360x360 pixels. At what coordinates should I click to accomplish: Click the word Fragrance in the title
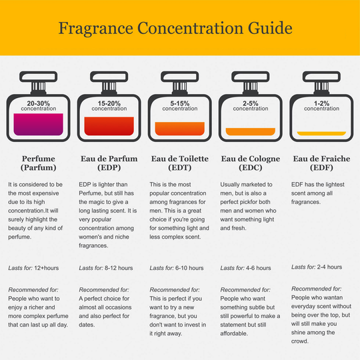coord(96,29)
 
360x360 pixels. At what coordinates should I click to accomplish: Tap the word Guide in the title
coord(270,28)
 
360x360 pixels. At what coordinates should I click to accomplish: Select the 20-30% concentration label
coord(39,106)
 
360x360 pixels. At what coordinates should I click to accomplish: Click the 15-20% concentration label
coord(109,106)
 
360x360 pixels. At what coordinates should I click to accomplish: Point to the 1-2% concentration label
coord(321,106)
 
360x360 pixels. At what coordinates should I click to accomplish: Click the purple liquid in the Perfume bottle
coord(39,124)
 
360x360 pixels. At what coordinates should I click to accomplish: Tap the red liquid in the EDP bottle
coord(109,126)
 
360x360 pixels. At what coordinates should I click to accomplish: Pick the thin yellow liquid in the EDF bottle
coord(321,133)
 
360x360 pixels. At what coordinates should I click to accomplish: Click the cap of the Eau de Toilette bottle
coord(180,77)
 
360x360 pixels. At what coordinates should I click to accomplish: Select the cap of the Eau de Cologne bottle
coord(251,77)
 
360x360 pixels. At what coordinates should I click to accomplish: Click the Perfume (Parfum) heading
coord(39,163)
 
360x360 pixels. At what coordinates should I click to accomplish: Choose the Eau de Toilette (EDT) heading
coord(180,163)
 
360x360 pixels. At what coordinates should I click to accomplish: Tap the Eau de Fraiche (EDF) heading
coord(321,163)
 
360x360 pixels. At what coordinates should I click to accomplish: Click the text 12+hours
coord(47,268)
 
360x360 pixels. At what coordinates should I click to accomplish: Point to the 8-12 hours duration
coord(119,268)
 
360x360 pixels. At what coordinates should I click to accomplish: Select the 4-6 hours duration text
coord(259,268)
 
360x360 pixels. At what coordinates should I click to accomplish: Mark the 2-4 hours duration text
coord(329,267)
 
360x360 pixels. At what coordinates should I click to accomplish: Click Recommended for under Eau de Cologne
coord(245,290)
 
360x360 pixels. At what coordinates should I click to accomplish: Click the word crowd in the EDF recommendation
coord(300,341)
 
